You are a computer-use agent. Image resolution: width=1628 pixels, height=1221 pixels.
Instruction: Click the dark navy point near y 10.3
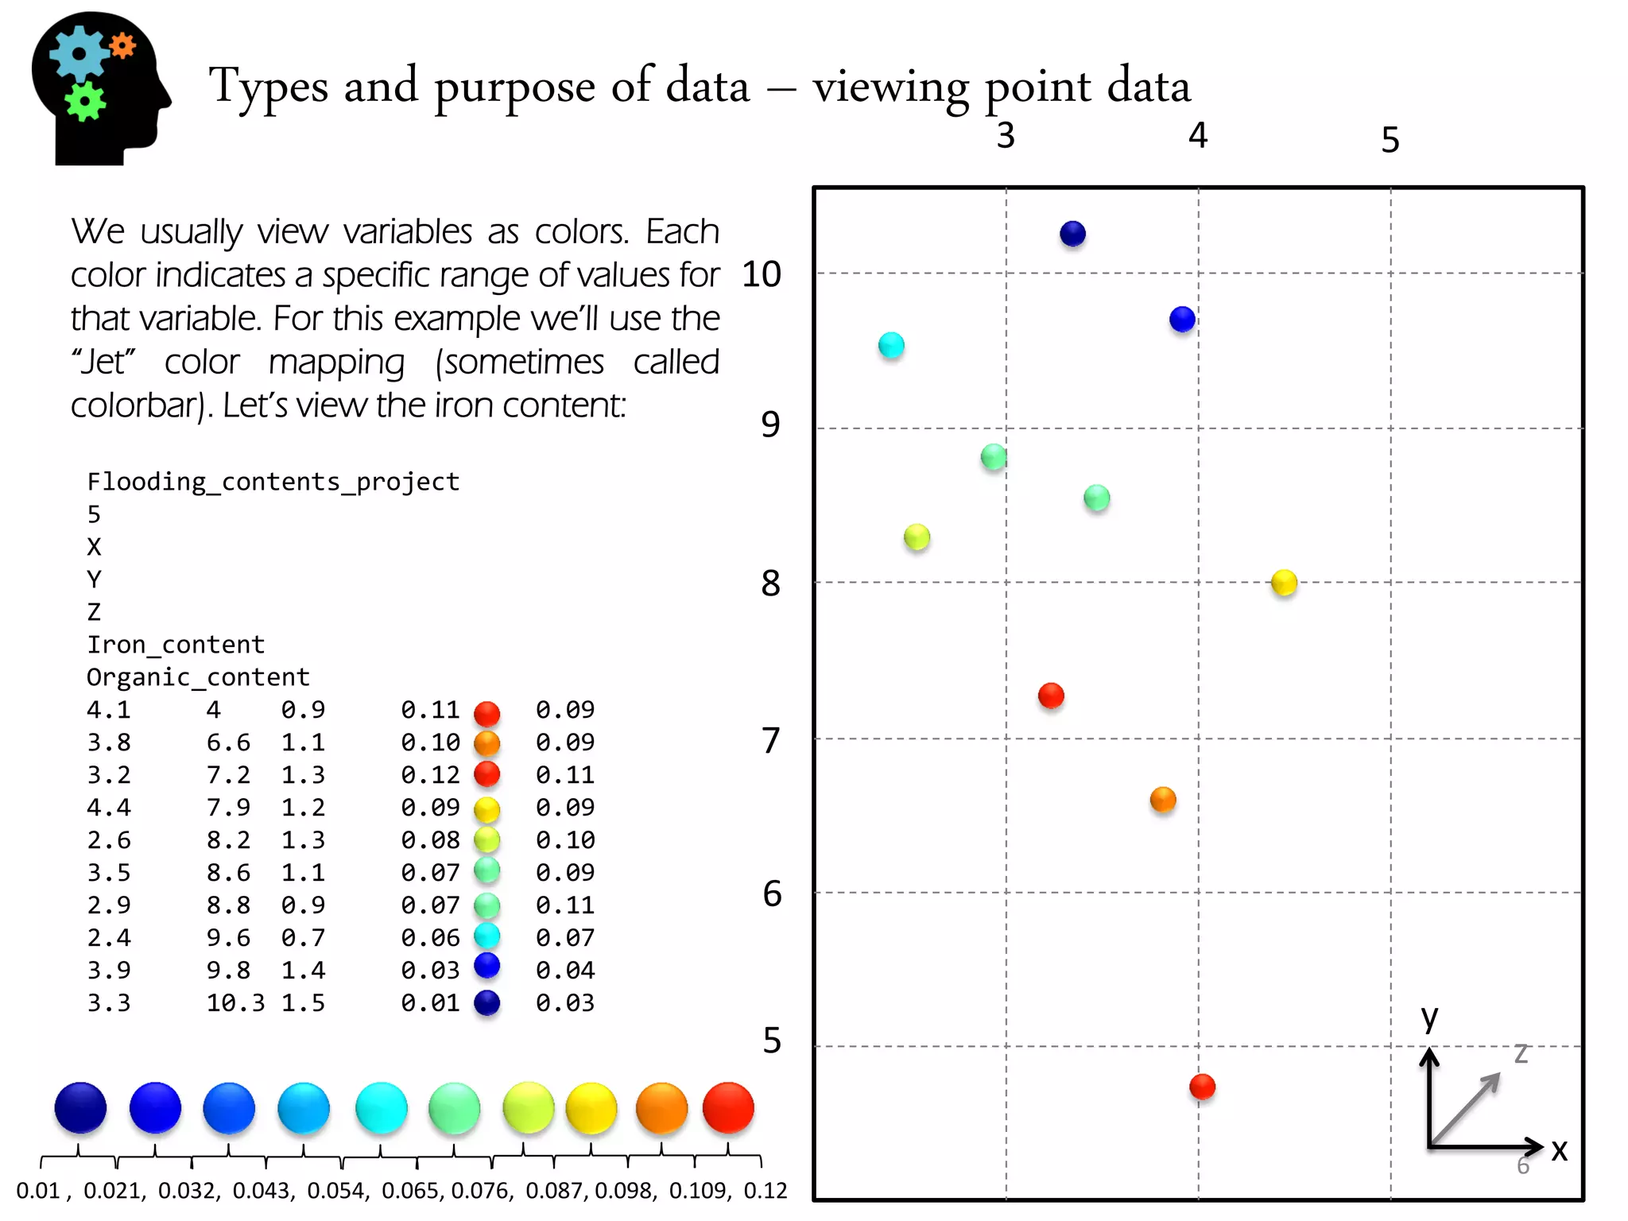point(1072,234)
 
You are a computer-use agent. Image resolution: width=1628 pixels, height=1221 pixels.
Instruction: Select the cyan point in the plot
point(891,345)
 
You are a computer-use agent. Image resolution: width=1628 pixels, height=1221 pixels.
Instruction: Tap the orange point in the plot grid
point(1162,799)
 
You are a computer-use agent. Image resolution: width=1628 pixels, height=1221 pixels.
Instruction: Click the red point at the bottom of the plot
point(1202,1086)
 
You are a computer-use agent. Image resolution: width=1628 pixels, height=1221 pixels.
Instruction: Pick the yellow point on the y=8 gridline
point(1284,582)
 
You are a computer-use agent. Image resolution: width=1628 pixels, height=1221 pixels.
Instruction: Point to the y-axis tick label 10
point(761,274)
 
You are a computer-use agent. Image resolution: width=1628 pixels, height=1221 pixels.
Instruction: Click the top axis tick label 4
point(1197,136)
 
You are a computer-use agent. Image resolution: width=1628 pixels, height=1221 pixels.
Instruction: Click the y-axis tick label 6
point(771,893)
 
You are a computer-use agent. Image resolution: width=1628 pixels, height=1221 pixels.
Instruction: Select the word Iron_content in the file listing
point(175,644)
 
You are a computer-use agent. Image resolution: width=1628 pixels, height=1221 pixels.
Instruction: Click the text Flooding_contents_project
point(273,482)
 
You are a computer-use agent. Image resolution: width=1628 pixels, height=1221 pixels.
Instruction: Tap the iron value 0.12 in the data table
point(430,774)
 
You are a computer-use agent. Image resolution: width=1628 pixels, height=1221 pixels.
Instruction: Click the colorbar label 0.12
point(765,1190)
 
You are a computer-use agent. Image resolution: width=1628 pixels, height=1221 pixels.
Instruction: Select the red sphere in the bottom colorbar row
point(727,1107)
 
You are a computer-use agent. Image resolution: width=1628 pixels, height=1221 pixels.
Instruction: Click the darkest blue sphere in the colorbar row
point(80,1107)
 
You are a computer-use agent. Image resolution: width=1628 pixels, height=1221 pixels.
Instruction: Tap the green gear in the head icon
point(85,101)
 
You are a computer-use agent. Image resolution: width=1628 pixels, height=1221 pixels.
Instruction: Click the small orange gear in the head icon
point(122,46)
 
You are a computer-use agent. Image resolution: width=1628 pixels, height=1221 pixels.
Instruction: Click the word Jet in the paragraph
point(103,362)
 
